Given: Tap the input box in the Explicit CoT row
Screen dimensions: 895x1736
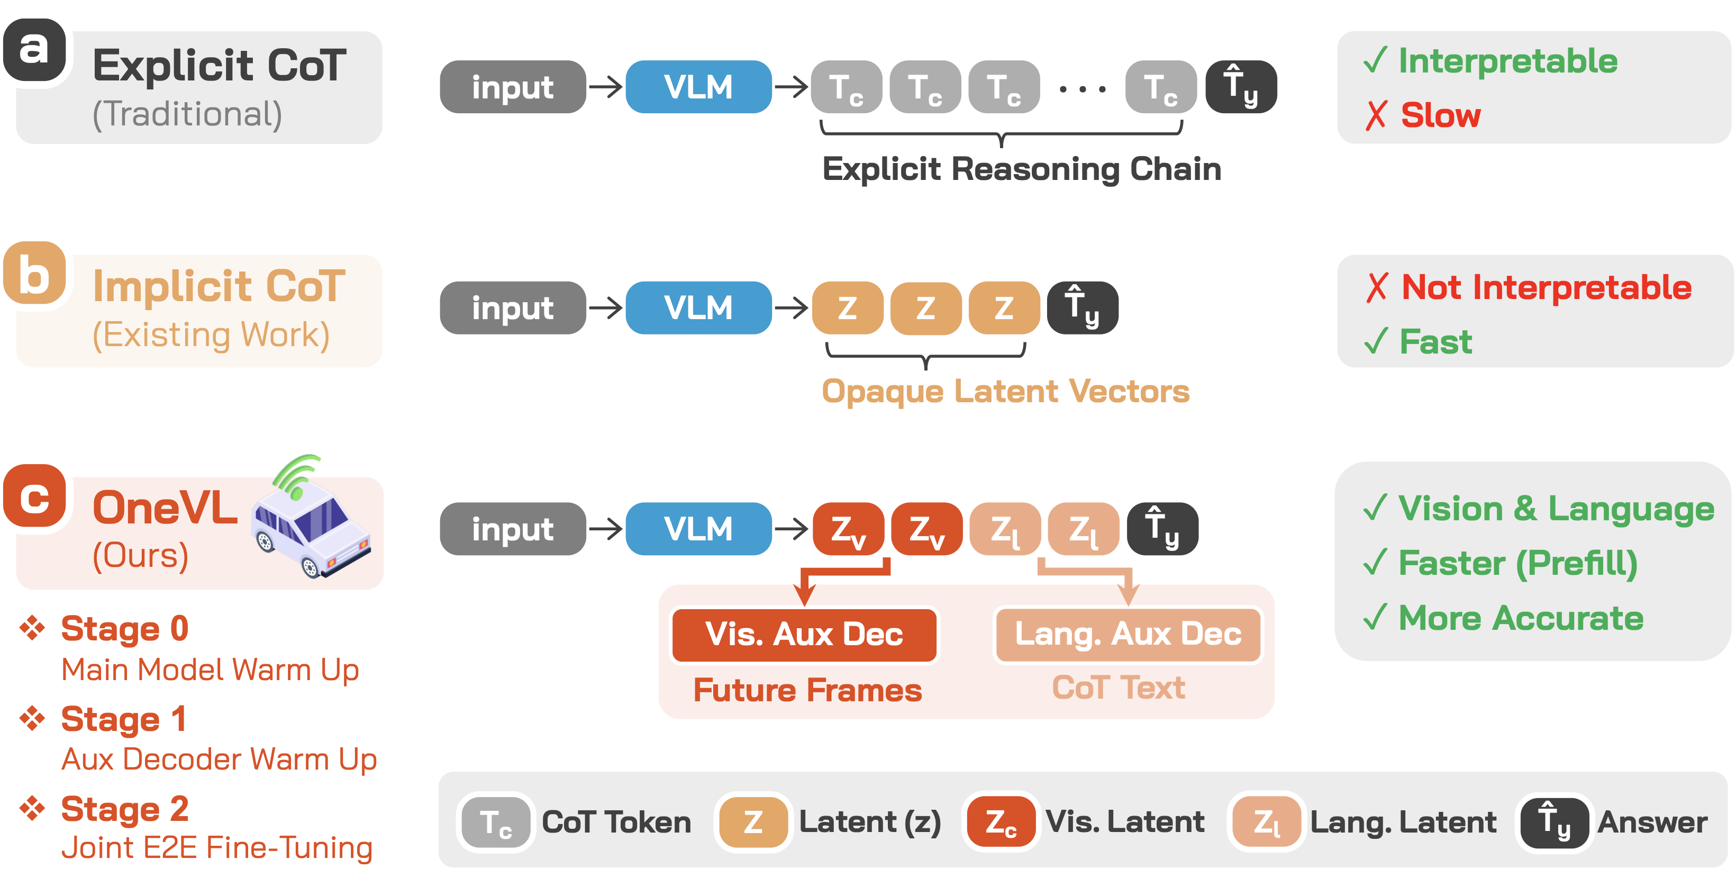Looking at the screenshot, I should (x=512, y=87).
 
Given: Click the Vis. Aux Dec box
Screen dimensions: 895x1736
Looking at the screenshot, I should (x=804, y=634).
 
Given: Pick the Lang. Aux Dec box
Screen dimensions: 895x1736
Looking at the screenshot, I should (x=1128, y=634).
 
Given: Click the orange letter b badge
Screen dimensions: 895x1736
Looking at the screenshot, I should (x=34, y=273).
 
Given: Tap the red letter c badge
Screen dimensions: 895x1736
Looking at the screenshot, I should (x=34, y=496).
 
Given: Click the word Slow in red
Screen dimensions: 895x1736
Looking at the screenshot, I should (x=1440, y=115).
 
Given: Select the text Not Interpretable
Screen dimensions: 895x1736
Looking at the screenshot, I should (x=1546, y=288).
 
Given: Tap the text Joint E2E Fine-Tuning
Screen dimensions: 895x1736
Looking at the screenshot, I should (x=217, y=848).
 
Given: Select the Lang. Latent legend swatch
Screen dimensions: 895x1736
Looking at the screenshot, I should (x=1266, y=822).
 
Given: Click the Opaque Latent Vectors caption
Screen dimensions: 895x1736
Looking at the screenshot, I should (x=1005, y=392).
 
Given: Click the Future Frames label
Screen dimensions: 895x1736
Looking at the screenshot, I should (x=807, y=690).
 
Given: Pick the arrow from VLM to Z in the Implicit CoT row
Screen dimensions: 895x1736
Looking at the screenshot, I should (x=791, y=308).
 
